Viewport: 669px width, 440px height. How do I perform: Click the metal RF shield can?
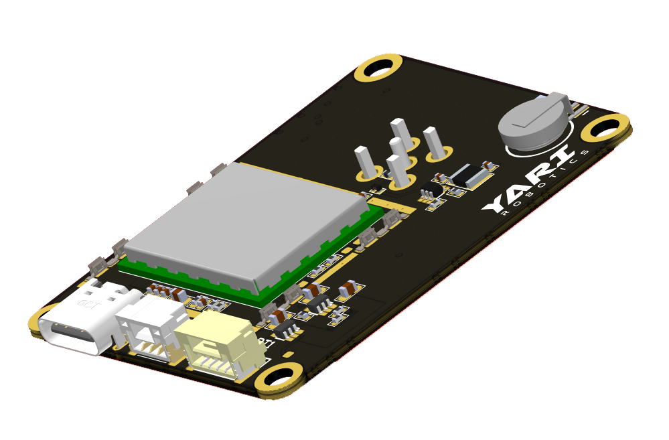point(244,221)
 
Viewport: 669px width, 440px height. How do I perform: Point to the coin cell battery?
point(534,122)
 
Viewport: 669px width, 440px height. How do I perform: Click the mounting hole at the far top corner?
point(379,68)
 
